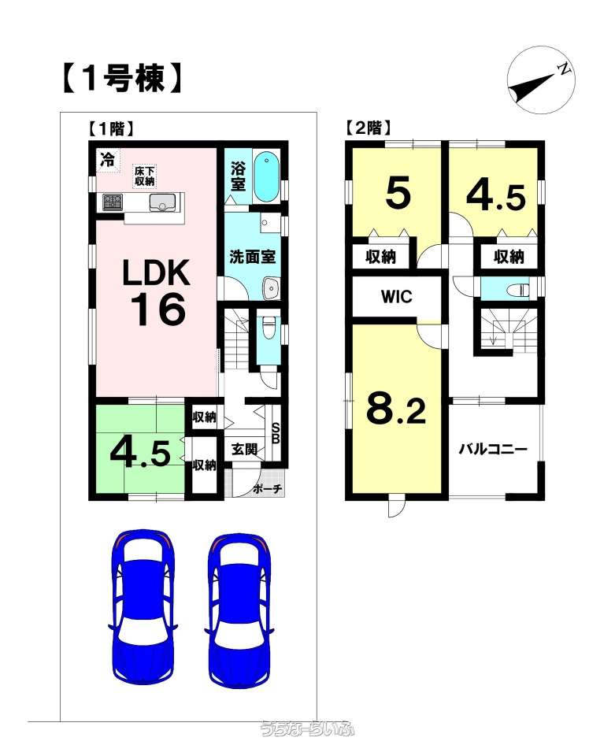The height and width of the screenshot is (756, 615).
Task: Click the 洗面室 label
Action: click(x=252, y=257)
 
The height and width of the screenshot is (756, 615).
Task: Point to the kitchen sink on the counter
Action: click(x=164, y=202)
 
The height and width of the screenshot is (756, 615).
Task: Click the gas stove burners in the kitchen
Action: click(x=112, y=202)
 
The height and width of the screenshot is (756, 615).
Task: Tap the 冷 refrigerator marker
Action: click(x=107, y=160)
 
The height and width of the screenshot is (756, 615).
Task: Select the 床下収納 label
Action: click(x=144, y=176)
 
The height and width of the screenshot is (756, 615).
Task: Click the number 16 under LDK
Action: click(x=158, y=309)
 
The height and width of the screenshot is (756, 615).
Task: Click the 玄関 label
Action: click(x=244, y=450)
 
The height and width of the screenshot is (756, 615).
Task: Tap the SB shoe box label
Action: click(x=276, y=433)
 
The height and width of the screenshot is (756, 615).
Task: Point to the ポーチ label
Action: click(x=267, y=489)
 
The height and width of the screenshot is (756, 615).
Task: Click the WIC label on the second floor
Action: click(x=397, y=296)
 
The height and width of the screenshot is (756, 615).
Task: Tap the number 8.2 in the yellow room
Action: click(x=396, y=408)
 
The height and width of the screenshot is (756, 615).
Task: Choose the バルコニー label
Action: click(x=493, y=450)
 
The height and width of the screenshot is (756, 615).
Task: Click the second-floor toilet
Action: click(x=516, y=290)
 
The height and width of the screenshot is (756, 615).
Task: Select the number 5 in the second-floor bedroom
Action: click(x=398, y=194)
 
